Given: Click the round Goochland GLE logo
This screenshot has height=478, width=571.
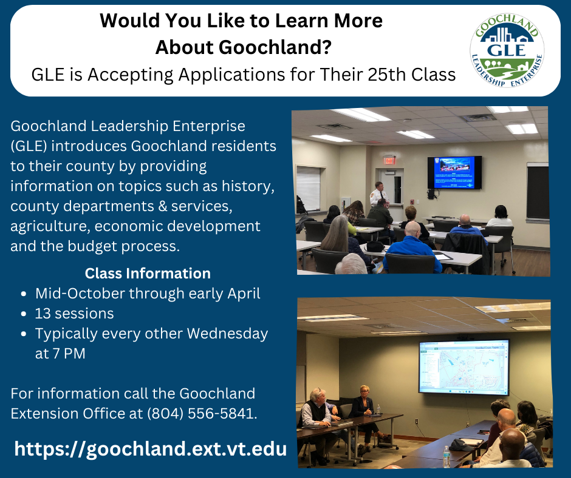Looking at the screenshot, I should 508,50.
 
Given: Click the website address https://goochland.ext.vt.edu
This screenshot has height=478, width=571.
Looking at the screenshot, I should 150,449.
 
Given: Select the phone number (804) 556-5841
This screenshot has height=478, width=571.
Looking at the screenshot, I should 201,414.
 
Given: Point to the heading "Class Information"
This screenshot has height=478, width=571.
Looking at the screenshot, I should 148,273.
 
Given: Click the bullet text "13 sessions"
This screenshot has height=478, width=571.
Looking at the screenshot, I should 74,314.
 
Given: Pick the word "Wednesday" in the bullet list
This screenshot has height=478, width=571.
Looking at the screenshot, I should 227,334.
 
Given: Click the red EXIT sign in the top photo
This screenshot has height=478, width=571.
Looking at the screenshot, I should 389,160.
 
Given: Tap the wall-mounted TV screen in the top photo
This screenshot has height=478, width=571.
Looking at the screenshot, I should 454,172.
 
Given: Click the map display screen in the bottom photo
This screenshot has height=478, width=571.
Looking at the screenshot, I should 463,366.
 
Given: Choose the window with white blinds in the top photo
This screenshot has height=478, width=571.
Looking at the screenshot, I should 308,189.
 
